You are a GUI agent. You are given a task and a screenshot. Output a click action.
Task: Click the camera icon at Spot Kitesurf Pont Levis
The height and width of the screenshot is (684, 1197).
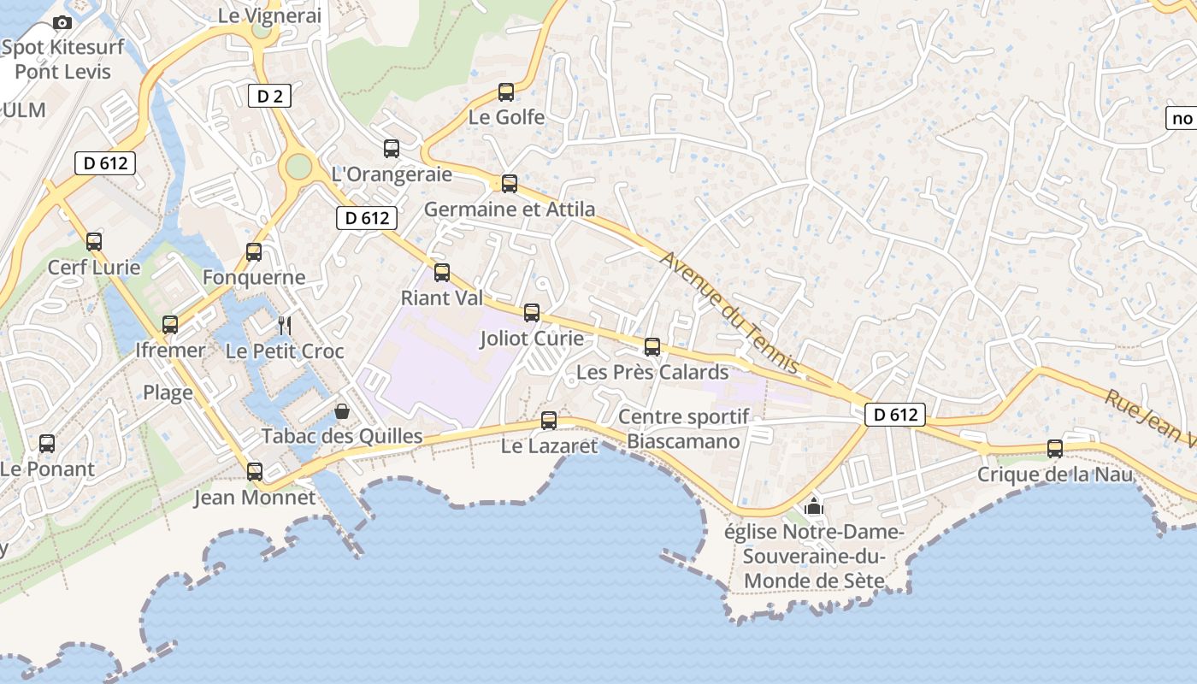coord(62,23)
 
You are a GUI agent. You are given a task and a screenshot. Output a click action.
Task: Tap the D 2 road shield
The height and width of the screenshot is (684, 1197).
coord(269,96)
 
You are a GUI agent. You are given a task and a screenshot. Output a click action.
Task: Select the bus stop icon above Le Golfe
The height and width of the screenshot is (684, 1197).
coord(506,91)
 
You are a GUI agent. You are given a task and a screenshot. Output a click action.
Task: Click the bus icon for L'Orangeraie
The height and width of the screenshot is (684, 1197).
coord(392,149)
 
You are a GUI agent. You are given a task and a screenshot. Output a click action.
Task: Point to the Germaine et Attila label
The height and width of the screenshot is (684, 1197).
coord(510,209)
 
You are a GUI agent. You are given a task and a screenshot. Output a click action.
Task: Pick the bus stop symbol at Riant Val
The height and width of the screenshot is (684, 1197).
coord(442,273)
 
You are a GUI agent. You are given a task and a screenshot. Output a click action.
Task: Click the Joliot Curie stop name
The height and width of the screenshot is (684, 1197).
coord(532,339)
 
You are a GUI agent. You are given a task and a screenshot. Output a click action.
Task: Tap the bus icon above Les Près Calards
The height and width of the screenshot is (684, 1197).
coord(652,346)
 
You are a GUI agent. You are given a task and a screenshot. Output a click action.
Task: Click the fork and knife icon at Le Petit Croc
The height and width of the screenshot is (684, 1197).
coord(285,325)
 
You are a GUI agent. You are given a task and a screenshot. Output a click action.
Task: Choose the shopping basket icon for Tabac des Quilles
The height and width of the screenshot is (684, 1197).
coord(342,411)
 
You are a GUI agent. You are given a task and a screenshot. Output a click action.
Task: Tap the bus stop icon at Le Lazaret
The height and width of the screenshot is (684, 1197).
coord(549,420)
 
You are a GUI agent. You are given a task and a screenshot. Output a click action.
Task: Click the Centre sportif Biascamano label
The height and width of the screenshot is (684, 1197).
coord(683,429)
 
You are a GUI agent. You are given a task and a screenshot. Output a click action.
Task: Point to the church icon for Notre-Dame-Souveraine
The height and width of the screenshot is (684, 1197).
coord(814,506)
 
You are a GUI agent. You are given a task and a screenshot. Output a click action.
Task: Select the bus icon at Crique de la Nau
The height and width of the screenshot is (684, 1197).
coord(1055,449)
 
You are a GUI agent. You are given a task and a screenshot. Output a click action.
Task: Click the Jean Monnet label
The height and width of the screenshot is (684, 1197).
coord(255,498)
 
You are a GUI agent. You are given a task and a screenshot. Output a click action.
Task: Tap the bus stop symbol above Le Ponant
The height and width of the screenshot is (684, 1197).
coord(47,444)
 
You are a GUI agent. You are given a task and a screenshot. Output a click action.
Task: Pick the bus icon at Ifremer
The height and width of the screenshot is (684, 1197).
coord(170,325)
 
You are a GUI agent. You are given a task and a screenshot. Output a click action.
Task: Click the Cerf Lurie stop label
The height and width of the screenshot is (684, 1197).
coord(94,268)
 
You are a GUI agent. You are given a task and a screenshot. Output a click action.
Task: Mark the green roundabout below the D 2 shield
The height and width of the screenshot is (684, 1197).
coord(298,165)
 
